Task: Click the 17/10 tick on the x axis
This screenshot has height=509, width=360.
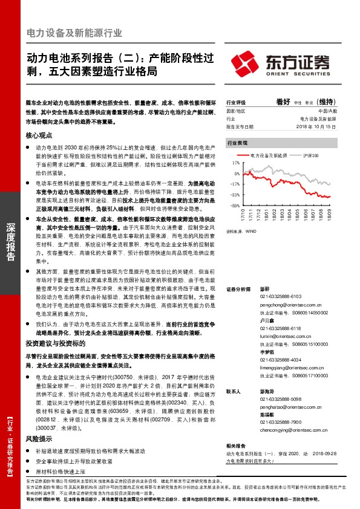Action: pos(243,214)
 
